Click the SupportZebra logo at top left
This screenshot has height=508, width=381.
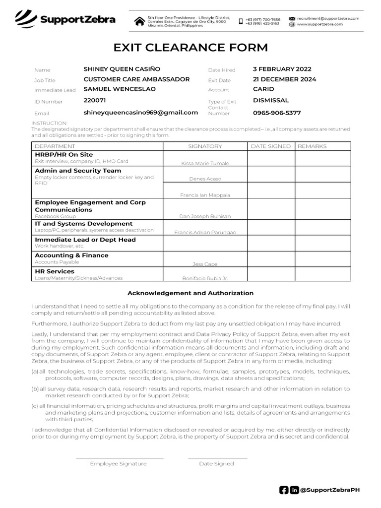point(65,20)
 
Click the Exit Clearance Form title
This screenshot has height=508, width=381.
point(190,48)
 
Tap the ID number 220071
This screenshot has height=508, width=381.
point(94,100)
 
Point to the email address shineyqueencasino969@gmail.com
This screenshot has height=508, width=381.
point(140,113)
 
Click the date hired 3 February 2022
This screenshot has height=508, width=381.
point(282,69)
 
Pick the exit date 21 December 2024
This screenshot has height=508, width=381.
point(284,79)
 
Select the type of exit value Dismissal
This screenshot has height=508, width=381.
point(270,100)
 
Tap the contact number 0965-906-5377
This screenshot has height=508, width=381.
point(277,113)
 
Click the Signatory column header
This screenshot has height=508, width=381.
point(205,146)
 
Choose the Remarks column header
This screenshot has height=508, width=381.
point(312,146)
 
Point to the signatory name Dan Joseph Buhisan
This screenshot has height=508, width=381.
point(205,216)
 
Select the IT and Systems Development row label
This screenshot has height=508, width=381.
point(83,224)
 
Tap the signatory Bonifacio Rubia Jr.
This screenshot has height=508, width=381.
point(205,278)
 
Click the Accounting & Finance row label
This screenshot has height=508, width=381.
point(71,255)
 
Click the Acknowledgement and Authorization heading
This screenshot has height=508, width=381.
point(190,293)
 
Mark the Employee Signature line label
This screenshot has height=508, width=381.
point(118,463)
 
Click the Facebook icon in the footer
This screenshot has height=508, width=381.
point(284,490)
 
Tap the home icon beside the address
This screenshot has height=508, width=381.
point(139,21)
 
